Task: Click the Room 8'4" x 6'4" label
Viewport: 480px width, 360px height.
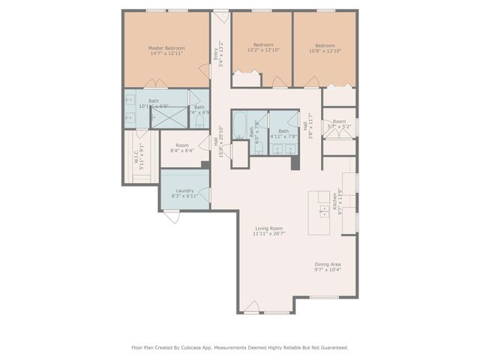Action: tap(182, 148)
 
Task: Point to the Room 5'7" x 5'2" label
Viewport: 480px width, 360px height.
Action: tap(339, 124)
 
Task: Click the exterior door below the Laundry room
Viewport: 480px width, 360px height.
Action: tap(172, 217)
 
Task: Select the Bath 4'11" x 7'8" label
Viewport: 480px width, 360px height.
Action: tap(283, 133)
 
